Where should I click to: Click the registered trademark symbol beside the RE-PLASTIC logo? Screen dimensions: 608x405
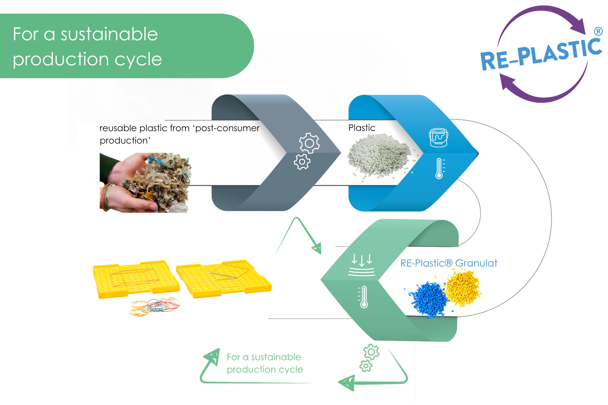pos(598,31)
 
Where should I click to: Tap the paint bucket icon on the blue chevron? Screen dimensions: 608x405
pos(439,138)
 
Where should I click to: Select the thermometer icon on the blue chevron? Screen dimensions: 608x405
pos(440,168)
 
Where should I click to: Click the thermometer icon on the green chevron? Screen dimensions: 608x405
pos(363,297)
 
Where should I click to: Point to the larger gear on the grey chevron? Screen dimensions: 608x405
pos(309,143)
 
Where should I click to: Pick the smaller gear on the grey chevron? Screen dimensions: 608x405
pos(302,162)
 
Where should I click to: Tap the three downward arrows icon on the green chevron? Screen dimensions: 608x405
pos(362,265)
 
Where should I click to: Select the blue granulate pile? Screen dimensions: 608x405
pos(428,300)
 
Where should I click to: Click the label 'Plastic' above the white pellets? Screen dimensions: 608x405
pos(362,128)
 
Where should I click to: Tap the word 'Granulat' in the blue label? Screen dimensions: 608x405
pos(476,263)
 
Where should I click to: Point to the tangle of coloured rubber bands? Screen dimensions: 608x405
pos(155,307)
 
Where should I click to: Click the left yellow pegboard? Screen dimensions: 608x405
pos(136,279)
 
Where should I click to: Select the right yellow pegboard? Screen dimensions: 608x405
pos(224,279)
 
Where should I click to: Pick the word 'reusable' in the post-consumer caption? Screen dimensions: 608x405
pos(118,128)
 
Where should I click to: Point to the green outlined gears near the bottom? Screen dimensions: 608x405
pos(369,358)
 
